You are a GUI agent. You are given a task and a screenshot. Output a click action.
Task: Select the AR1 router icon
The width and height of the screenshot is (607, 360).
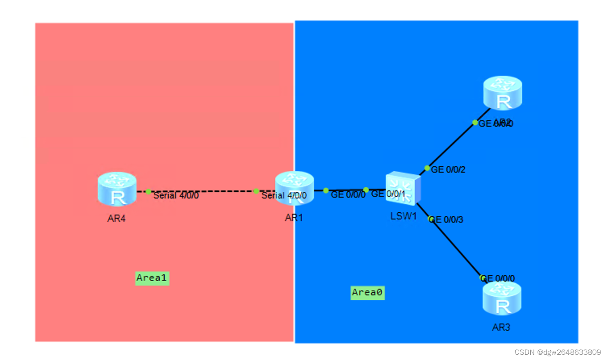(x=294, y=188)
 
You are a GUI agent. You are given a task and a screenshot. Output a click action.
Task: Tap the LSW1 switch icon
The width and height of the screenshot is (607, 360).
(x=403, y=188)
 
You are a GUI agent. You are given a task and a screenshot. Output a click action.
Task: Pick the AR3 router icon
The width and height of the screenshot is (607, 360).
(x=502, y=299)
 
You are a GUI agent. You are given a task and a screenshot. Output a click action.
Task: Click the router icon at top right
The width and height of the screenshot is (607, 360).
(x=502, y=93)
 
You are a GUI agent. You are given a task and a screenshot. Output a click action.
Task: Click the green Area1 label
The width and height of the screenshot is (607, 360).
(x=152, y=278)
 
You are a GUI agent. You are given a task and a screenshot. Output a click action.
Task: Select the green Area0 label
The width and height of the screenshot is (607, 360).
(x=367, y=293)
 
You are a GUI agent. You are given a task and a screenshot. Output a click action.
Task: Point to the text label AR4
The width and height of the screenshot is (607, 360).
(x=117, y=219)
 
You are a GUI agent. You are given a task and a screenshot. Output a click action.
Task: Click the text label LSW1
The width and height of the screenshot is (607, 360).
(x=403, y=216)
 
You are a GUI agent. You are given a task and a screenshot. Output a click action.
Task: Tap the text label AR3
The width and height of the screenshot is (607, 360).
(x=501, y=328)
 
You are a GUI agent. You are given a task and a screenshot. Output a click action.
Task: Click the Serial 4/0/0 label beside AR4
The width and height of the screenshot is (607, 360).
(x=176, y=196)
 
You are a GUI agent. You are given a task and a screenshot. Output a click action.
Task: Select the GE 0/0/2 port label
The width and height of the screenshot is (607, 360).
(x=448, y=170)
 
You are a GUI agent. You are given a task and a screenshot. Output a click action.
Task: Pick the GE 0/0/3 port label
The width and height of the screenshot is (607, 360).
(x=447, y=220)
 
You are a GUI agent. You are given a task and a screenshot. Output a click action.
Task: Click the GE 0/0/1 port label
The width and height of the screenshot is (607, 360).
(x=388, y=194)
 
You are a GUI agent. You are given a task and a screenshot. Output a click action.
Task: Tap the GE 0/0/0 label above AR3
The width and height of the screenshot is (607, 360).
(x=498, y=278)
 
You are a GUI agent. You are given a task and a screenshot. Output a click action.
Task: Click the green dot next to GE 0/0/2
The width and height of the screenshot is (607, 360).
(x=427, y=168)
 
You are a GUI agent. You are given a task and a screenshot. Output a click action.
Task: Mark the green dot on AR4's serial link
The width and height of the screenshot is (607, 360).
(x=148, y=191)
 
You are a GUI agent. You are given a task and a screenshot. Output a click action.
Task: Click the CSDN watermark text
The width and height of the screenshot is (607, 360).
(x=557, y=352)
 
